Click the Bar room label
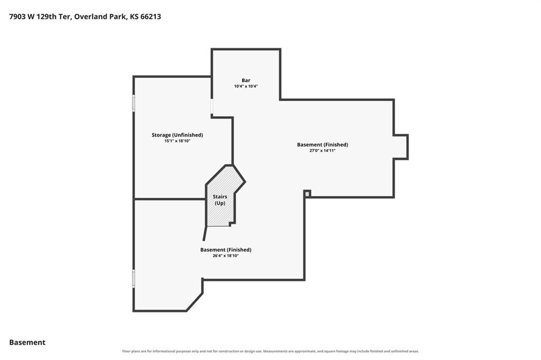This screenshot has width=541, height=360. coord(246,80)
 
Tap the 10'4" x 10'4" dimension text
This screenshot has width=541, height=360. coord(246,86)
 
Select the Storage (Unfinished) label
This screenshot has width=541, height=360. coord(178,135)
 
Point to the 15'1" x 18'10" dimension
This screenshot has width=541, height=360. coord(178,141)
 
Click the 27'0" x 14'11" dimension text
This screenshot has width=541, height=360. coord(322,151)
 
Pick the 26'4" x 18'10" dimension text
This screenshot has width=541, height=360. coord(226,256)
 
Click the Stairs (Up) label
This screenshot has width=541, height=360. coord(220,200)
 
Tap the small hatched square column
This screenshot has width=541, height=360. coord(307,193)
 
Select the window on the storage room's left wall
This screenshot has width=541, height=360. coord(134,103)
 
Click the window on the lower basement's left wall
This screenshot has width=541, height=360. coord(134,279)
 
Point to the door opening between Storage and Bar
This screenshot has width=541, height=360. coord(211,107)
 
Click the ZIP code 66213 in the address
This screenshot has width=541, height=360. coord(151,16)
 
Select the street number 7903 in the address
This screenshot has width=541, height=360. coord(17,16)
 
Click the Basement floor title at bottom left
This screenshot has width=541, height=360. coord(27,343)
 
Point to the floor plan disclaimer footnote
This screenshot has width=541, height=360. coord(270,352)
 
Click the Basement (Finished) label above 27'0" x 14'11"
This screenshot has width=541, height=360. coord(322,145)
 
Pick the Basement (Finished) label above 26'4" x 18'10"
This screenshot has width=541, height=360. coord(226,250)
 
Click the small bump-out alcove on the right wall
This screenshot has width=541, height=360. coord(402,147)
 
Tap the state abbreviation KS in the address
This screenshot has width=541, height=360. coord(134,16)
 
